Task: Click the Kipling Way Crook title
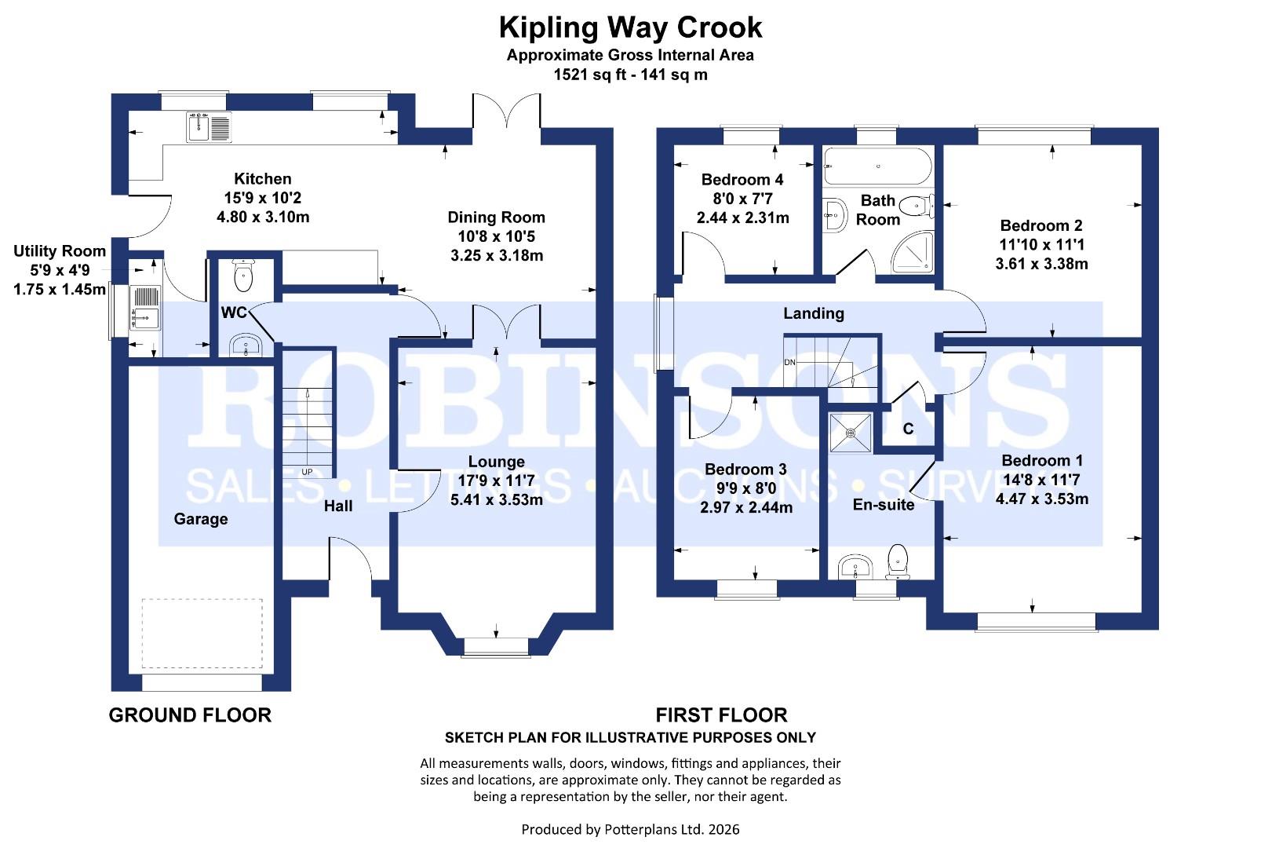(x=630, y=27)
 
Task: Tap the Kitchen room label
(x=262, y=179)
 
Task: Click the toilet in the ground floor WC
(x=244, y=275)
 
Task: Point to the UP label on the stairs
(x=307, y=472)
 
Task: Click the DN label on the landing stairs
(x=789, y=362)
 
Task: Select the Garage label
(x=201, y=519)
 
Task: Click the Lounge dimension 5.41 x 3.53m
(x=496, y=499)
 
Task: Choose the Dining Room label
(x=496, y=217)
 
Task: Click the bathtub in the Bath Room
(x=877, y=166)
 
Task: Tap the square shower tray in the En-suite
(x=851, y=433)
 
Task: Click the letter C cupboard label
(x=908, y=429)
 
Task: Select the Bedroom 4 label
(x=742, y=180)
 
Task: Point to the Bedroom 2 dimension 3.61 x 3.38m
(x=1041, y=264)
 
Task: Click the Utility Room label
(x=60, y=251)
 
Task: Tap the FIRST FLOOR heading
(x=721, y=715)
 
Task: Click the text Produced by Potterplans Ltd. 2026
(x=630, y=829)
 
